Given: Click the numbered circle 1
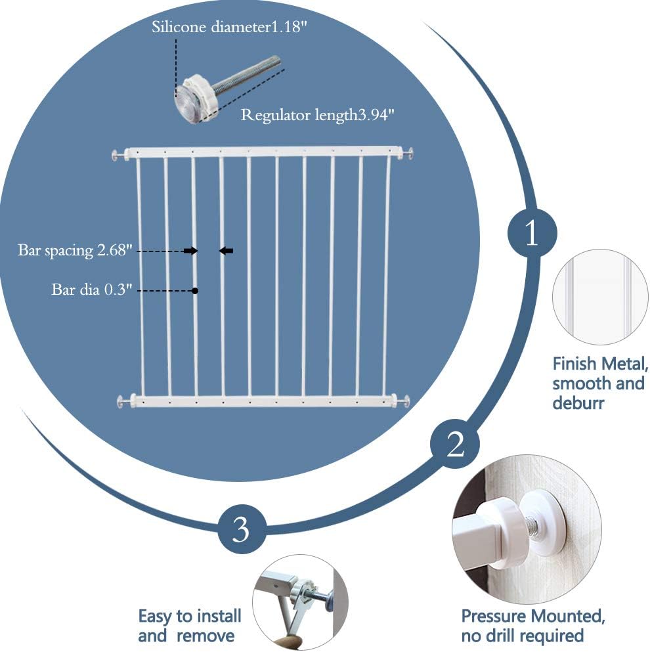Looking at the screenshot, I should [532, 234].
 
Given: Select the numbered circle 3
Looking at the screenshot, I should [242, 529].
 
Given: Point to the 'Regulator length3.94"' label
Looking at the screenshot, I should [318, 116].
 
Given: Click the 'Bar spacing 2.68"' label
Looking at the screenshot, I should [76, 251].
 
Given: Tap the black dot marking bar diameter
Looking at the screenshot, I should [195, 290].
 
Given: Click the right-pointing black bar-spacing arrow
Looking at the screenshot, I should [190, 251].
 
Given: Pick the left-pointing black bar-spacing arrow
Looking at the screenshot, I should [226, 251].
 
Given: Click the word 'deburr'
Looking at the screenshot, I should [578, 402].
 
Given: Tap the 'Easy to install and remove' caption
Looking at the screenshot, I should [189, 626].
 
